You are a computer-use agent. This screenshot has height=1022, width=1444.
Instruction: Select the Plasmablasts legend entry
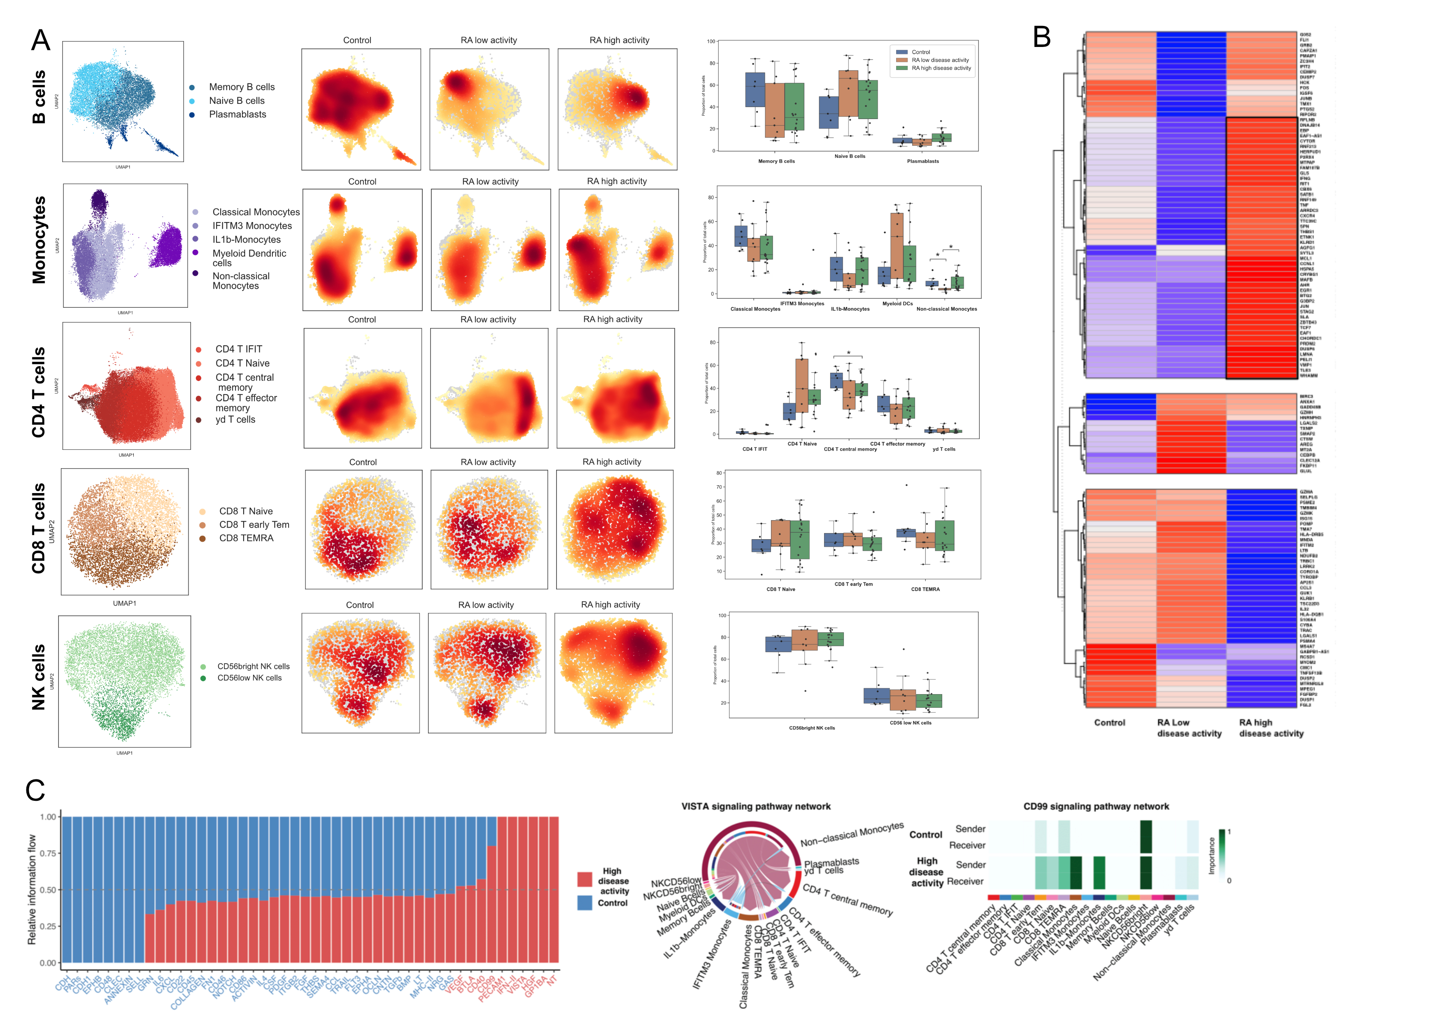(x=237, y=115)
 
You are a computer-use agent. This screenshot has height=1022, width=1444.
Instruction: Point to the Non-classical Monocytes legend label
(x=241, y=281)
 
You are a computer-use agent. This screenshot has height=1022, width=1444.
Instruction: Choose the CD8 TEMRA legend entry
(x=246, y=538)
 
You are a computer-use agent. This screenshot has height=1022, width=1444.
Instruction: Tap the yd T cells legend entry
(x=235, y=420)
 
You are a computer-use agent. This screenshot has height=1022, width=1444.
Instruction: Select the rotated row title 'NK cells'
(x=39, y=677)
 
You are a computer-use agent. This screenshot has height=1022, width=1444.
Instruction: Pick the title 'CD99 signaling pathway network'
(x=1096, y=806)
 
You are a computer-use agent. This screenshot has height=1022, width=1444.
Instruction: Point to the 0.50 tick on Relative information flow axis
(x=48, y=890)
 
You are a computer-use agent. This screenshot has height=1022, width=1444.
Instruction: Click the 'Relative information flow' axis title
(x=31, y=889)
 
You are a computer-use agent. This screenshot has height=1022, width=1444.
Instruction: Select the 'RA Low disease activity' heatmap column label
(x=1189, y=728)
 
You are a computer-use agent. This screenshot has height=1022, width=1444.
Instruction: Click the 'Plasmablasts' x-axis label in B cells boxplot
(x=922, y=161)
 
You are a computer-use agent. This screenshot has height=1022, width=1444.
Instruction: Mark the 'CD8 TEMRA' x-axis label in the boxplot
(x=925, y=589)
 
